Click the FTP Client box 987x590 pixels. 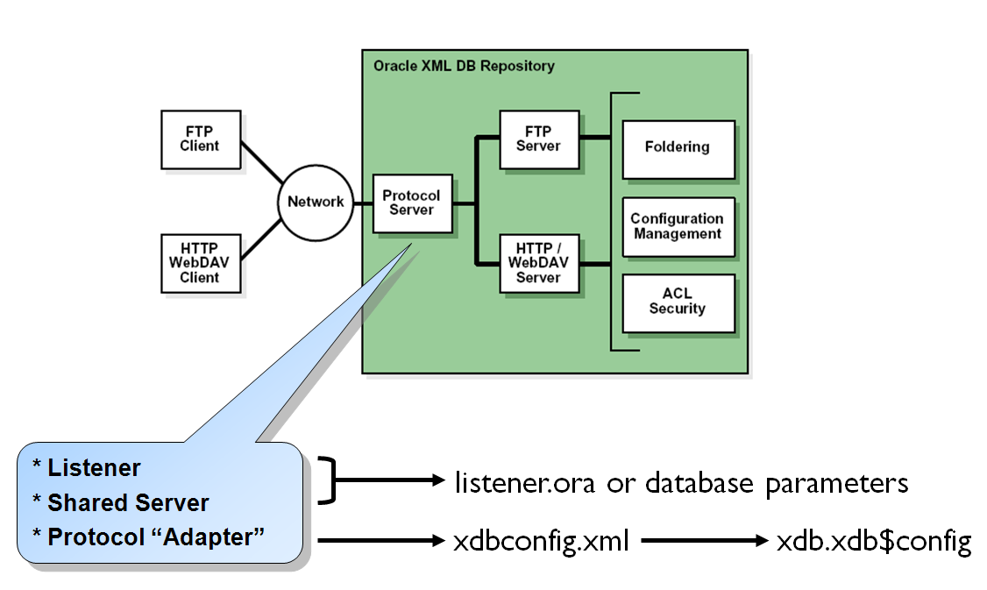[200, 139]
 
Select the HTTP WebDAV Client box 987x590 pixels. [200, 263]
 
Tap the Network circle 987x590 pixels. [316, 202]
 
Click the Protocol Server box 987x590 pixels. [412, 203]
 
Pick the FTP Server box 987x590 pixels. [538, 139]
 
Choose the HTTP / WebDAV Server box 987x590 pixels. [538, 263]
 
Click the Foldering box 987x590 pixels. [677, 147]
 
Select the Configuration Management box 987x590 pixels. [677, 227]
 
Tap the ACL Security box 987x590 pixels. [677, 302]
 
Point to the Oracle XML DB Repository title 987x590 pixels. [464, 67]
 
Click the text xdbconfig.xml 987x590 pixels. [541, 542]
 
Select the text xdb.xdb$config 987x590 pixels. [874, 542]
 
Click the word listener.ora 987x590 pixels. [527, 482]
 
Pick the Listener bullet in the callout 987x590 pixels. [93, 468]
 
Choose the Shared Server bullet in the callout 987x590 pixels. [127, 503]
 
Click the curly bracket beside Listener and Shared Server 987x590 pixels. [328, 480]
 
